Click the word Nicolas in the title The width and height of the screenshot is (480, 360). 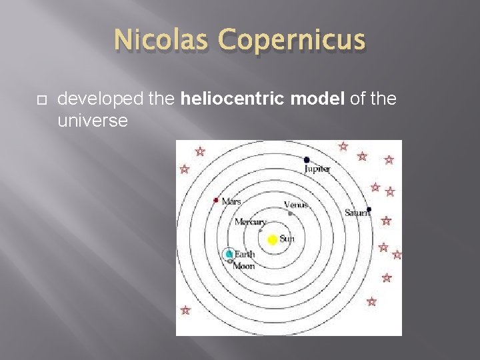[x=154, y=40]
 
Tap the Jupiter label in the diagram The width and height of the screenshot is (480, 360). [x=317, y=169]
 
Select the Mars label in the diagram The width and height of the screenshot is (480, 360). [x=231, y=201]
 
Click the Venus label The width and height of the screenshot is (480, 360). [x=295, y=205]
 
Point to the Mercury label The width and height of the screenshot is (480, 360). [x=250, y=222]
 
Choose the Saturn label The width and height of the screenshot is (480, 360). [x=357, y=213]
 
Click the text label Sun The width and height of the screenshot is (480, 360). [x=287, y=239]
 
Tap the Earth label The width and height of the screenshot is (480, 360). [x=244, y=254]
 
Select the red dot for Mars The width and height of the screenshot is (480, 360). [x=216, y=199]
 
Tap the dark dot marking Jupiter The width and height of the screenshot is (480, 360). [x=307, y=160]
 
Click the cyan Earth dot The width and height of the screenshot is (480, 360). [x=229, y=254]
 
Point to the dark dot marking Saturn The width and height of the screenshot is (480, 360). [x=369, y=209]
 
